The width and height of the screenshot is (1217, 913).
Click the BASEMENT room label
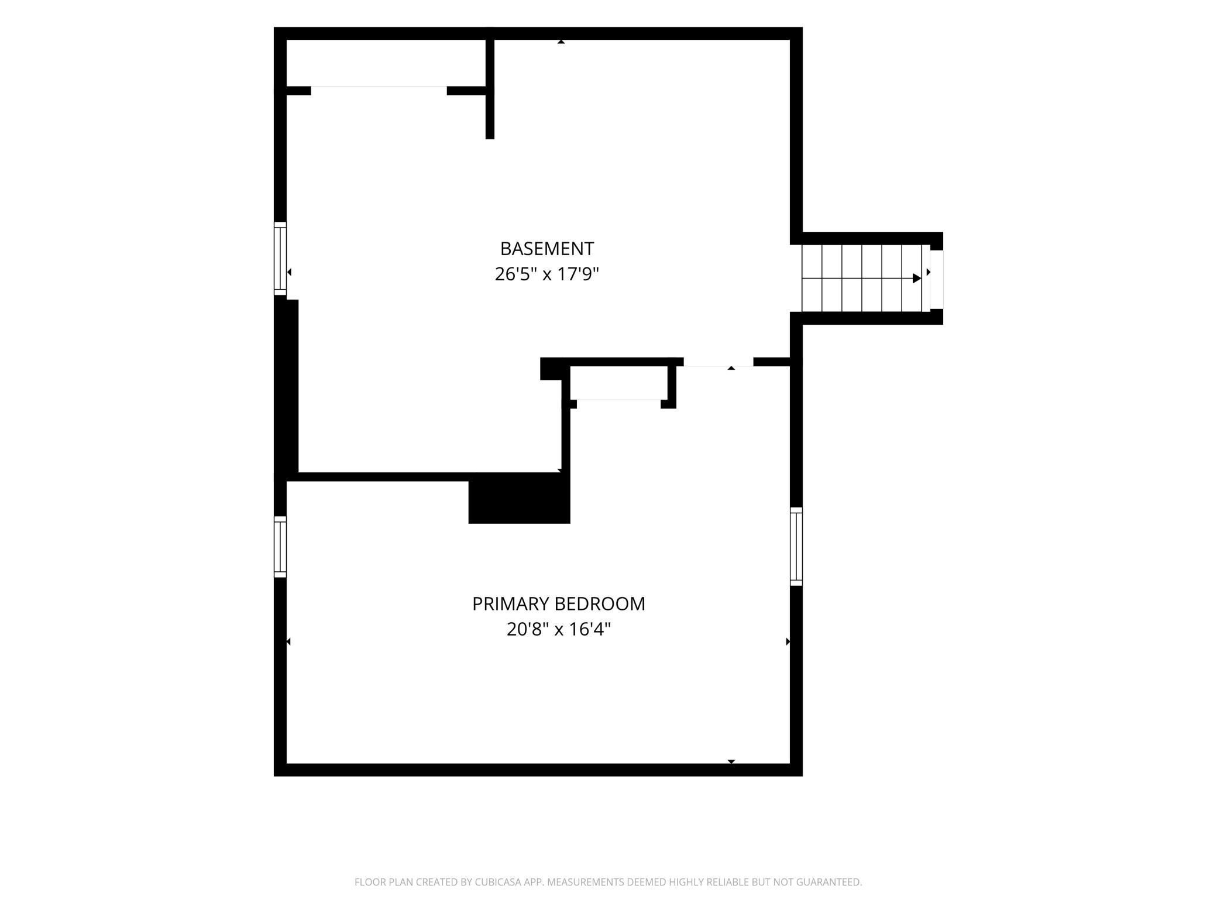click(547, 249)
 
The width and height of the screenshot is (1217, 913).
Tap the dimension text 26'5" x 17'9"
click(547, 274)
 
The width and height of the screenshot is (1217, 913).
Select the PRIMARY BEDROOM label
click(559, 604)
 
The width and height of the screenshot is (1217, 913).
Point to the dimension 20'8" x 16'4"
click(559, 629)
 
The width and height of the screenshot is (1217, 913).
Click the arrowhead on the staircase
click(917, 279)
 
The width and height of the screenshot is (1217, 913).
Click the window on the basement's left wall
click(280, 258)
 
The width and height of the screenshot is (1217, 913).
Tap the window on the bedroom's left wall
click(280, 547)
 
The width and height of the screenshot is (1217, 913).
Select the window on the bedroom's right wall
click(796, 546)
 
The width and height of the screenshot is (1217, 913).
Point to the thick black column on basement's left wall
click(287, 386)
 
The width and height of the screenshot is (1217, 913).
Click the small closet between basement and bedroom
click(618, 383)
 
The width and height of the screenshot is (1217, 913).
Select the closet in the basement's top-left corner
click(386, 63)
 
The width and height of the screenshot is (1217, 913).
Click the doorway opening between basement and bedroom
click(718, 362)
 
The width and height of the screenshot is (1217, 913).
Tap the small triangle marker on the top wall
click(561, 42)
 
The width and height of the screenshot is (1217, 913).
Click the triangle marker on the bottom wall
click(731, 761)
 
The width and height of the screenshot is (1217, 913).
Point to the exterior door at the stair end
click(936, 279)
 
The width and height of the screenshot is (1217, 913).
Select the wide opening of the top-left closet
click(379, 90)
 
